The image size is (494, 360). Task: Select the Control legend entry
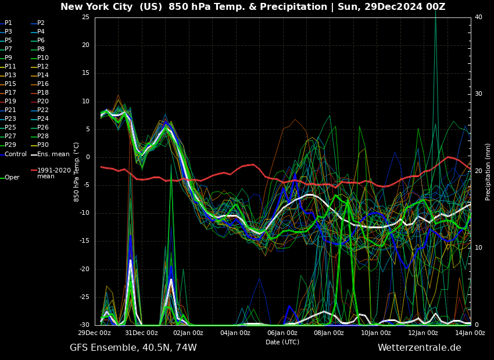click(15, 154)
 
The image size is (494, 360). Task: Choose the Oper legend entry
click(12, 178)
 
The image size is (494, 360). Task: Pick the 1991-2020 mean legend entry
click(53, 174)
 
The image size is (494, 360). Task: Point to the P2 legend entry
click(41, 23)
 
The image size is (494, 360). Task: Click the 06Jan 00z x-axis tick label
click(282, 333)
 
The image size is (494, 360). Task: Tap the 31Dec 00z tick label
click(141, 333)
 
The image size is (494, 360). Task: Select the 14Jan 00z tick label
click(470, 333)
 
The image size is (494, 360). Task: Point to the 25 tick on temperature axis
click(85, 17)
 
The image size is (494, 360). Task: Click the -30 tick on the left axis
click(84, 325)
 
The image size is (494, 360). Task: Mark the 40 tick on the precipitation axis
click(478, 17)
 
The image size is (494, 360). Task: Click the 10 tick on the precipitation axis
click(478, 248)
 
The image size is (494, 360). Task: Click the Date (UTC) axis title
click(282, 342)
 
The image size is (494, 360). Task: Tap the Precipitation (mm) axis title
click(488, 171)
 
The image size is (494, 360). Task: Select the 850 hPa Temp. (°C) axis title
click(77, 171)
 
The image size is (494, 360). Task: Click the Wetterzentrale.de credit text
click(419, 348)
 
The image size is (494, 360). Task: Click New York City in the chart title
click(95, 7)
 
